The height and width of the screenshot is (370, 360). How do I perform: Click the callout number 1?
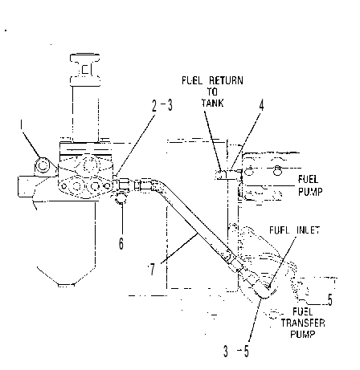[21, 125]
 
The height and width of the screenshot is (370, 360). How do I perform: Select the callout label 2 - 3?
[162, 105]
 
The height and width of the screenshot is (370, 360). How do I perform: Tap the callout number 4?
[261, 105]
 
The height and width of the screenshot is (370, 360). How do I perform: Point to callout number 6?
[121, 243]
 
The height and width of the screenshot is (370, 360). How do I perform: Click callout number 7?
[152, 269]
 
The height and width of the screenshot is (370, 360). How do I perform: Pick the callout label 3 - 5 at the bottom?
[236, 352]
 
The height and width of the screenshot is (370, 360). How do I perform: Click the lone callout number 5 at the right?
[329, 299]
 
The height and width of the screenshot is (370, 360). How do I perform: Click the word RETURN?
[226, 80]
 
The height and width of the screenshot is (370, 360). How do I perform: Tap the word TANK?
[213, 103]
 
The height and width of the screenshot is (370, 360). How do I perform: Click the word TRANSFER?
[303, 323]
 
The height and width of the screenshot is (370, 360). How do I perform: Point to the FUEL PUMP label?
[310, 185]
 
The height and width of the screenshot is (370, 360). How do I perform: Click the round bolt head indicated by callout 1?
[42, 165]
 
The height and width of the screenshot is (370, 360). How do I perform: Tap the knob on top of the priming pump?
[85, 70]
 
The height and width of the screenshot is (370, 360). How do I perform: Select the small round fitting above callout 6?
[121, 198]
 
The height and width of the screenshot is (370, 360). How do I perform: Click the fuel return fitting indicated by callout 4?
[228, 174]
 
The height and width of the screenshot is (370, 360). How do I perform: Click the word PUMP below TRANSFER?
[303, 334]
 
